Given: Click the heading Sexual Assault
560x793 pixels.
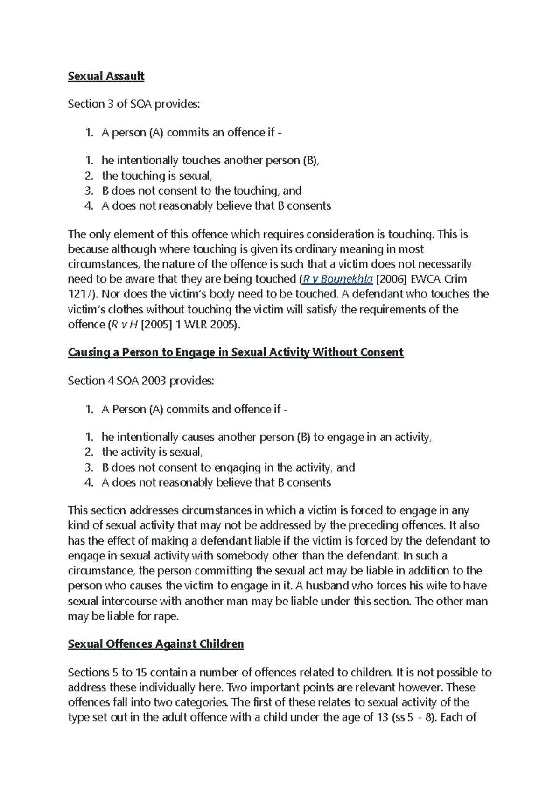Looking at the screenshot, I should tap(106, 76).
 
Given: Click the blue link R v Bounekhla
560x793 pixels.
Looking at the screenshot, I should tap(337, 279).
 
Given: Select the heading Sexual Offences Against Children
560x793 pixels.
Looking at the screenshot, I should tap(155, 644).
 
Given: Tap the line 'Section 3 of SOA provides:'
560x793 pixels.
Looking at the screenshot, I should tap(133, 104).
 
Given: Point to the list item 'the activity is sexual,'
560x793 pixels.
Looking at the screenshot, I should tap(152, 452).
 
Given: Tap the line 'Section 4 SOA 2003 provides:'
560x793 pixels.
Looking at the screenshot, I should tap(141, 381).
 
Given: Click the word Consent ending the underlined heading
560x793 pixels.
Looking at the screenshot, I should tap(381, 353).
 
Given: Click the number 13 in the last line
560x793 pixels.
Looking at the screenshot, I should tap(383, 718).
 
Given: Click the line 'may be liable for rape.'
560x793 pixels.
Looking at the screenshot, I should tap(123, 616).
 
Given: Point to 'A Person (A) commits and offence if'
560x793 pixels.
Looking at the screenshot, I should tap(191, 410).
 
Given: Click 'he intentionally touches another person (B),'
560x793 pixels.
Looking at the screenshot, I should tap(210, 161).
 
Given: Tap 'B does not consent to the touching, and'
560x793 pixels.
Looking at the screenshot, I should tap(202, 191).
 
